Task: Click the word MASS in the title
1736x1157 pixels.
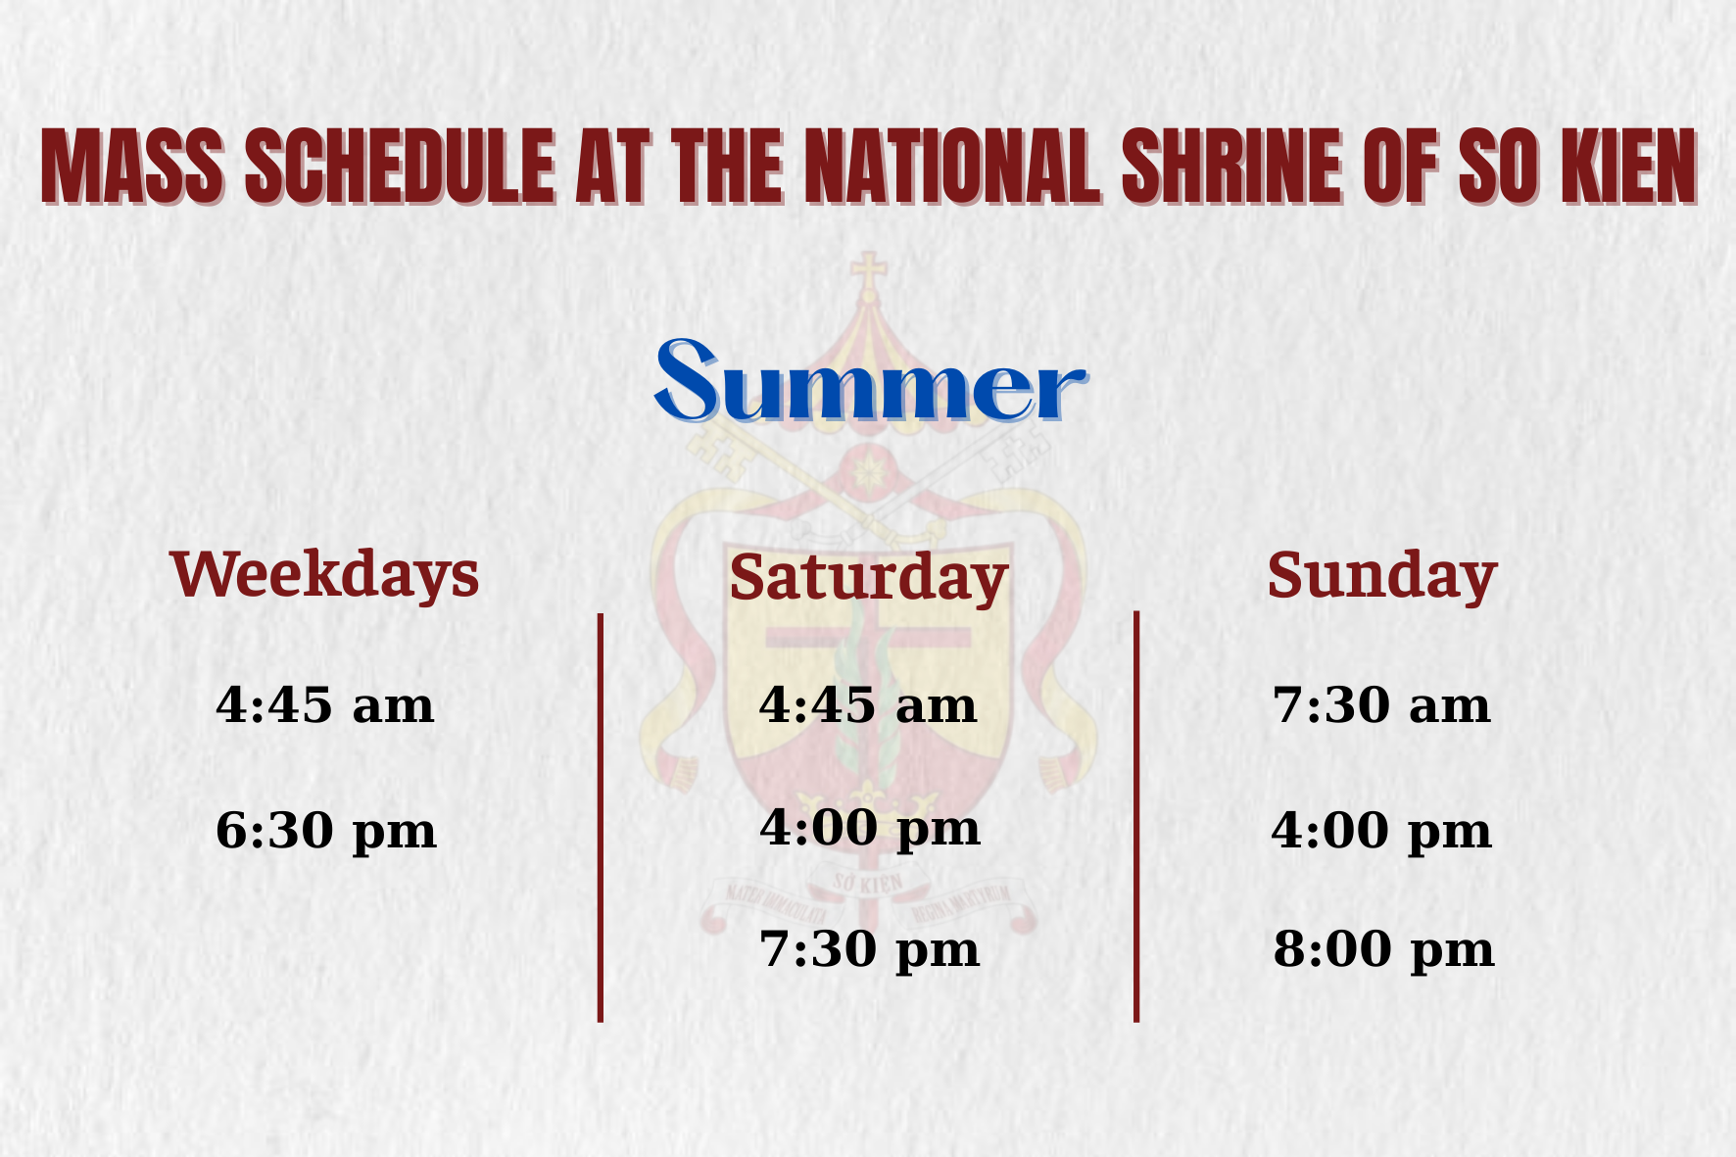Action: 132,166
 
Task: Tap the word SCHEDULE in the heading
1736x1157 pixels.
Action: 400,166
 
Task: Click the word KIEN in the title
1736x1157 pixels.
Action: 1628,166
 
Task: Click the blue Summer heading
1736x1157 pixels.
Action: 870,381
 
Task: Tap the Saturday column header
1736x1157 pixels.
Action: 869,578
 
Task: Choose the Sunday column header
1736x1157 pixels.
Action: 1382,575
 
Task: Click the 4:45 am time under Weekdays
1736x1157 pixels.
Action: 324,704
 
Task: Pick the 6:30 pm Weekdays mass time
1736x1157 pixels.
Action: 325,832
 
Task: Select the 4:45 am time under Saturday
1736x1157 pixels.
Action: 868,704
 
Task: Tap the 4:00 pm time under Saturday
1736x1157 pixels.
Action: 870,829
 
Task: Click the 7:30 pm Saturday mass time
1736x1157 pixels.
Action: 870,950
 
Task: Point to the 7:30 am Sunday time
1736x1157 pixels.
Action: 1381,704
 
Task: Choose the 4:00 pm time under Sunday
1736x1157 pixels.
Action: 1381,832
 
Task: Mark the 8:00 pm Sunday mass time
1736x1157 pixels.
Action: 1383,950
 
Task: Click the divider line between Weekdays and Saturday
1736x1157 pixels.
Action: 601,818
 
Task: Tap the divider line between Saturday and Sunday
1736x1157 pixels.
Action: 1136,817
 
